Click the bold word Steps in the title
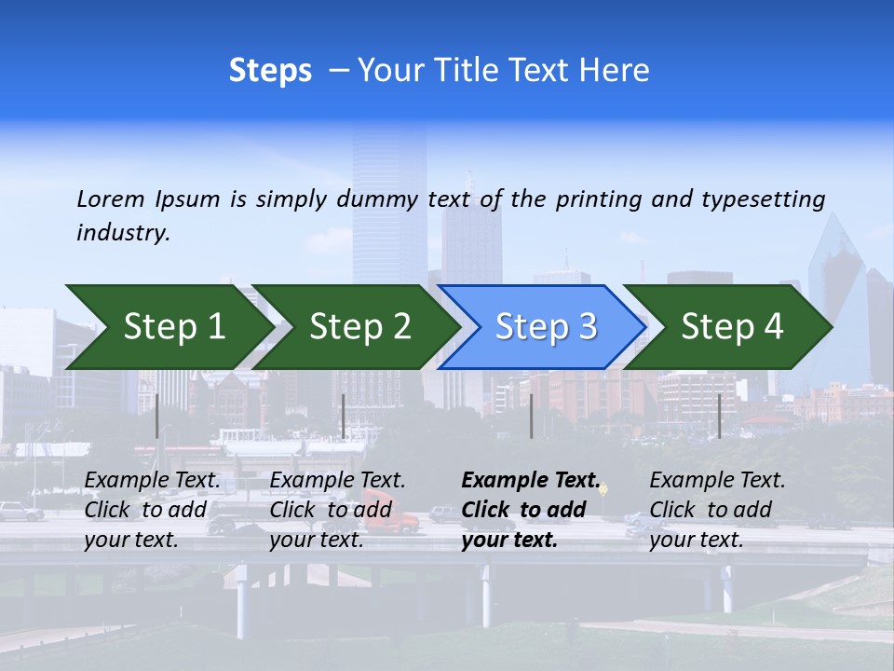click(270, 71)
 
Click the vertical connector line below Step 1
click(157, 416)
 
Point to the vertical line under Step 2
click(344, 416)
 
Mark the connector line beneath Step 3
click(531, 416)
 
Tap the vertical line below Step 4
click(719, 416)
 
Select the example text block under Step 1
click(153, 509)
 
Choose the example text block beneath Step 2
click(337, 509)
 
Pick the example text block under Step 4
click(717, 509)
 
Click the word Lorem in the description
click(111, 199)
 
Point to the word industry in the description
click(123, 233)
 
